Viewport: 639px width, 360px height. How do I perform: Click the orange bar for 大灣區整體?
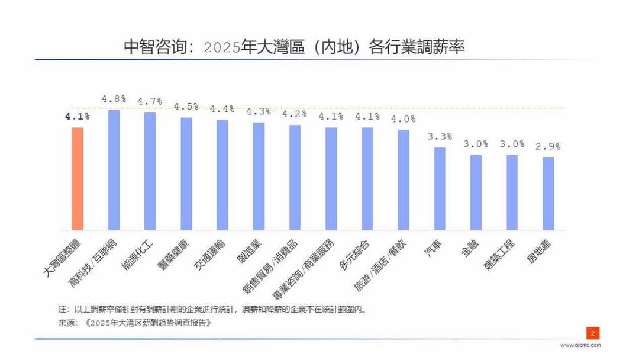click(x=78, y=178)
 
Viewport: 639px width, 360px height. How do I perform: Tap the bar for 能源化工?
click(x=150, y=171)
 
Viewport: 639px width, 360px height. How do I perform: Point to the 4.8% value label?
click(x=114, y=99)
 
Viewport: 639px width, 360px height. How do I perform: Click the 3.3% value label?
click(x=440, y=136)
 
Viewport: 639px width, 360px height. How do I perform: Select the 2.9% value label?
click(x=548, y=146)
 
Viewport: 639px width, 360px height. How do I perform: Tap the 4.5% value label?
click(x=186, y=107)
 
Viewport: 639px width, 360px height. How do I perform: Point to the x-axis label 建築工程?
click(x=501, y=255)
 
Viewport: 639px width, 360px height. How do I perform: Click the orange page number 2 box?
click(x=592, y=333)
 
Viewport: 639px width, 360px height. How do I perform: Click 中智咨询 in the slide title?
click(x=154, y=47)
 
